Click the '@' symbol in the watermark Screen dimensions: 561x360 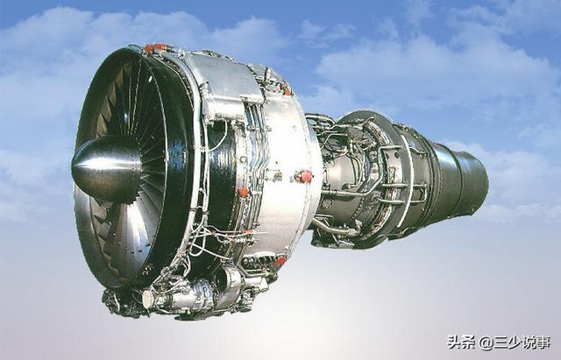pos(486,342)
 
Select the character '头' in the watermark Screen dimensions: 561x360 pos(455,342)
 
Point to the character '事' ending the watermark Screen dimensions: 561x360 pos(543,342)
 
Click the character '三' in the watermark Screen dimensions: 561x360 pos(501,342)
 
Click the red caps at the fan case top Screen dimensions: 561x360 pos(155,47)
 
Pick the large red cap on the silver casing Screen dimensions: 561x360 pos(304,176)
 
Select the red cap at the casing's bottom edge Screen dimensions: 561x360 pos(280,260)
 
